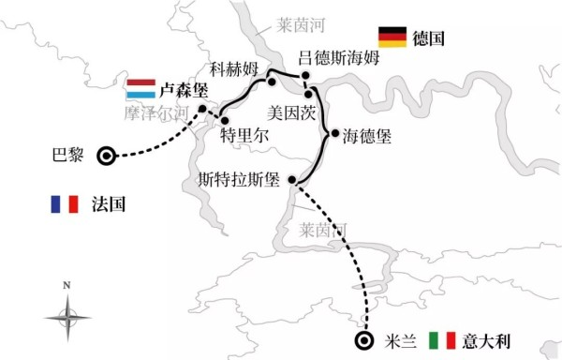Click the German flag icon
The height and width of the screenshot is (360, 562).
(x=392, y=37)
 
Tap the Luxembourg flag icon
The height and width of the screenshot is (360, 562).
(x=140, y=88)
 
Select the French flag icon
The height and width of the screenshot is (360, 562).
(x=65, y=204)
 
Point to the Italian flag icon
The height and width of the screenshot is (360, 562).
(x=442, y=340)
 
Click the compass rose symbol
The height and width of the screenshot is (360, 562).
(x=67, y=317)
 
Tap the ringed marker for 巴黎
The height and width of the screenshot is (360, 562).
(x=107, y=156)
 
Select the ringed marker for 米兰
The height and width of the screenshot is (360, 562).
(x=364, y=340)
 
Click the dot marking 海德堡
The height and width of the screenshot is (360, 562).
(x=335, y=133)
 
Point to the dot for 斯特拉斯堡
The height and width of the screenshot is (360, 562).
(x=292, y=179)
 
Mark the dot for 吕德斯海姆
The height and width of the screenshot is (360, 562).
(x=305, y=75)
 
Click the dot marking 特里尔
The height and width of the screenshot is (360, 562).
(x=225, y=121)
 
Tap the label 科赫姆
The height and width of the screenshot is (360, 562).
(x=234, y=68)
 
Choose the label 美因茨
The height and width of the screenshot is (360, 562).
(x=291, y=112)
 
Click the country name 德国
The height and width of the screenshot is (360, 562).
(x=428, y=38)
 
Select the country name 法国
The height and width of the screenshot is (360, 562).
(x=109, y=204)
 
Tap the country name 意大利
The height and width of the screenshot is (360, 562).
(x=486, y=340)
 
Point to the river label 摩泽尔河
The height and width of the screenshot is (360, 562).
(x=156, y=113)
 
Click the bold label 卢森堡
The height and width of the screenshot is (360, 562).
(x=184, y=90)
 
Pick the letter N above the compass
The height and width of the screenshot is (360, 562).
(x=67, y=285)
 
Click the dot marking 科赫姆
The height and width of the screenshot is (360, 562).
(x=272, y=82)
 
